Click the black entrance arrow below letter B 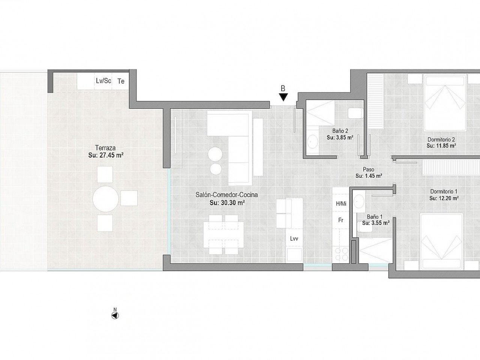click(283, 97)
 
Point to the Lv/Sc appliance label click(103, 81)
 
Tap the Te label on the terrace click(121, 81)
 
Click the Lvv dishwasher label click(294, 239)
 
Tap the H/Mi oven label click(341, 204)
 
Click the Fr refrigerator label click(341, 220)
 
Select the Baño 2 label click(340, 131)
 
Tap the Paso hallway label click(369, 169)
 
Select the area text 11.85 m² click(441, 145)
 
